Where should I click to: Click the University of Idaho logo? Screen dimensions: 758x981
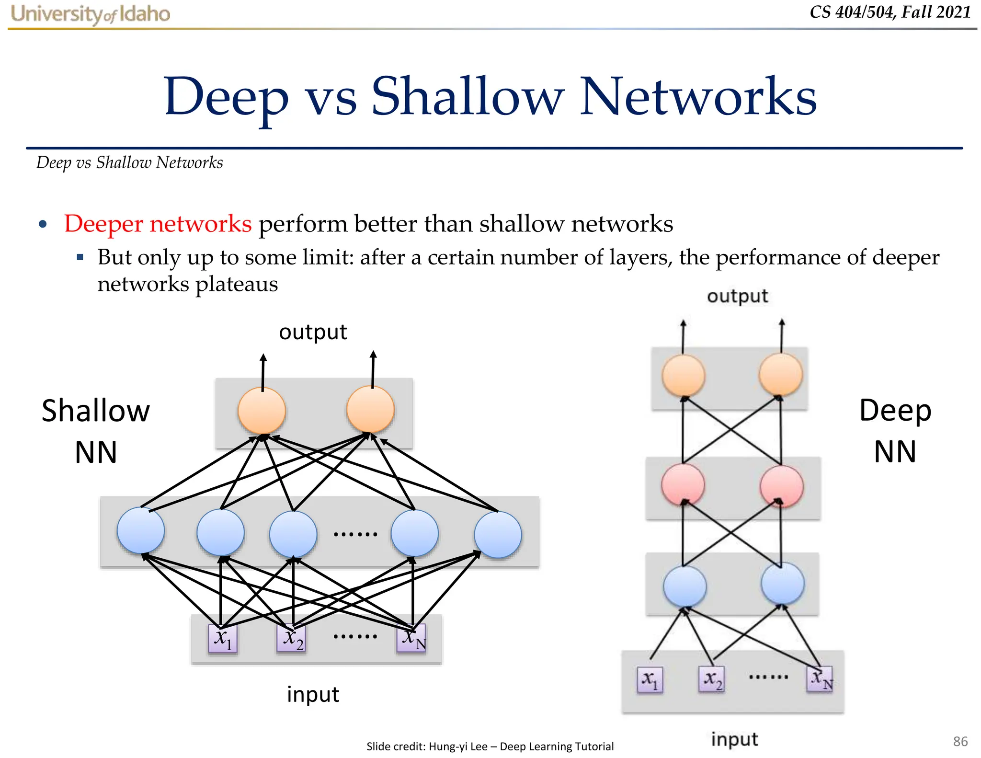[90, 14]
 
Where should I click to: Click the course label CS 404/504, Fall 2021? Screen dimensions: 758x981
[890, 12]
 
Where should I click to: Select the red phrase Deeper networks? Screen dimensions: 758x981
[158, 224]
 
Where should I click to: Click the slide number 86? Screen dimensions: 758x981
[960, 741]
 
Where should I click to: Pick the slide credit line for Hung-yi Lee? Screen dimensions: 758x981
[490, 746]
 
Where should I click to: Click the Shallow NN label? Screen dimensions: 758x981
[96, 431]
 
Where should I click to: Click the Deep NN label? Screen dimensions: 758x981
[895, 431]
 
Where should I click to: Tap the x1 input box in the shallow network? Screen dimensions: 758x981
[223, 639]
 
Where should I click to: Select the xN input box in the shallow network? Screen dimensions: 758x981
[411, 639]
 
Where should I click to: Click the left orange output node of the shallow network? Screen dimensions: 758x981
[262, 411]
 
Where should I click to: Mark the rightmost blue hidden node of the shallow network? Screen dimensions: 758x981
[498, 535]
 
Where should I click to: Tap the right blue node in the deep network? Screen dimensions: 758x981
[782, 584]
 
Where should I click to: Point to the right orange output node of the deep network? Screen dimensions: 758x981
[781, 375]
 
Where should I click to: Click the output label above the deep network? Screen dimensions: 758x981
[737, 296]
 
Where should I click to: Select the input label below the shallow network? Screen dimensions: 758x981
[313, 694]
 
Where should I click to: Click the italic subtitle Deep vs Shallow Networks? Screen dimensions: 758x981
[130, 163]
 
